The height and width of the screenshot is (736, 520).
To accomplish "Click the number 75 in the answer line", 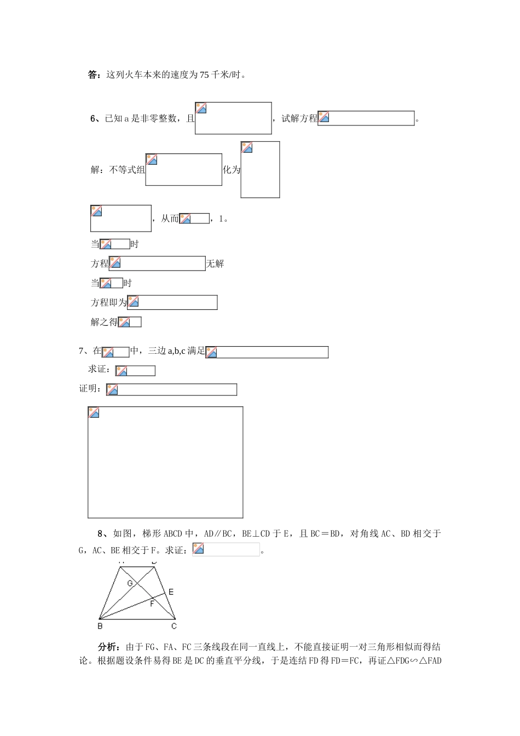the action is tap(204, 75).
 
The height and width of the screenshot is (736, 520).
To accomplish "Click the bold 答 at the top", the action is tap(92, 75).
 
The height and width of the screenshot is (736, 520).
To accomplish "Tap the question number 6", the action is tap(93, 119).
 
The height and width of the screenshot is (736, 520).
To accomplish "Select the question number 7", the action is tap(81, 351).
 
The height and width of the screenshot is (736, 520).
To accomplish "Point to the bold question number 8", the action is tap(100, 533).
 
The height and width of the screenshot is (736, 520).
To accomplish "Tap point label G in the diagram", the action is tap(130, 583).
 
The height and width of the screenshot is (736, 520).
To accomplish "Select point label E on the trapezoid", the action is tap(171, 592).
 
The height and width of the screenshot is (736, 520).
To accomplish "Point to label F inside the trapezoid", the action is tap(152, 604).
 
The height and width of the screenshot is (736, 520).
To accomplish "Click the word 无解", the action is tap(215, 263).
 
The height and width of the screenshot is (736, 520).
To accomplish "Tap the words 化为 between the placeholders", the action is tap(232, 170).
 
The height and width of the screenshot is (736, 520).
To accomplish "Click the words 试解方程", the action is tap(299, 119).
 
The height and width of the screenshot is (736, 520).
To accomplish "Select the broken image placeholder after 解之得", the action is tap(130, 322).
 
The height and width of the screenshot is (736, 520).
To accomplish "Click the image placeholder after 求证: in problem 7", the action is tap(135, 371).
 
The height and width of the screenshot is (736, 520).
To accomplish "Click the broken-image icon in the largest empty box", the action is tap(94, 412).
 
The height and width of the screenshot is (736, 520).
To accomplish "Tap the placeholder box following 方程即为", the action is tap(172, 302).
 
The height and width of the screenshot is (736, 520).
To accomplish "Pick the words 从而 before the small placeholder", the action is tap(170, 219).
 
